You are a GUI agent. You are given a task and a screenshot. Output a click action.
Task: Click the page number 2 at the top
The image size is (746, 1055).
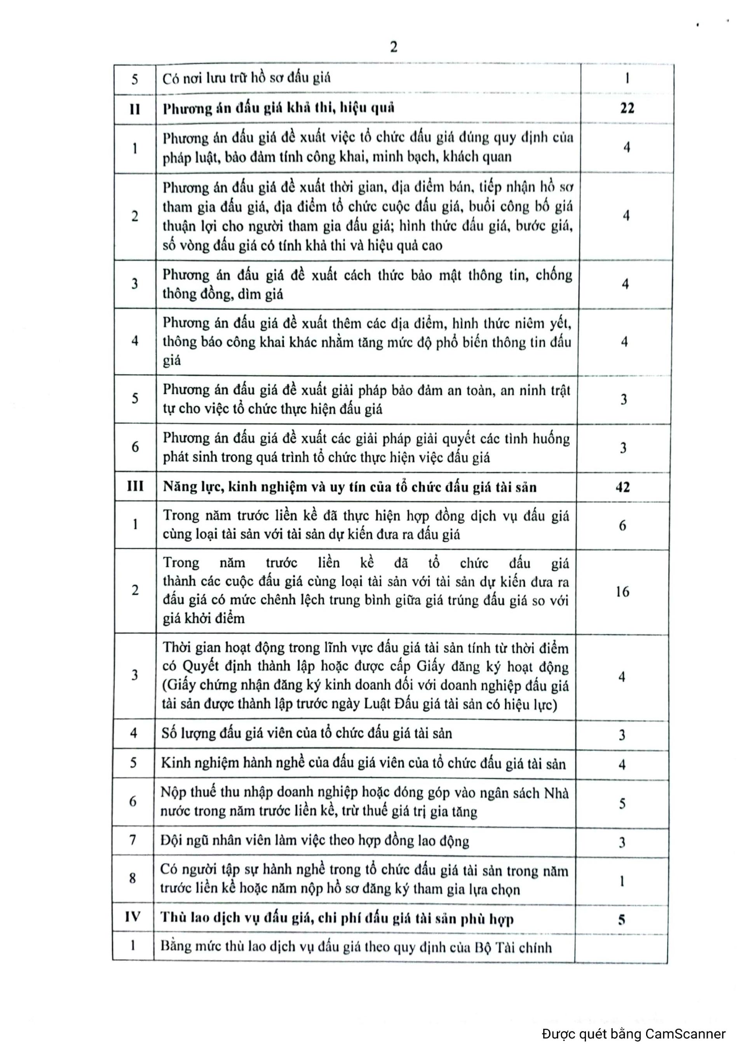(x=393, y=47)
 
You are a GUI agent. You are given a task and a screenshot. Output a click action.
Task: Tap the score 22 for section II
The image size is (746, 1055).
(x=627, y=108)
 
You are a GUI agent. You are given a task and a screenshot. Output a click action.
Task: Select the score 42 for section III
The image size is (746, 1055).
(x=623, y=487)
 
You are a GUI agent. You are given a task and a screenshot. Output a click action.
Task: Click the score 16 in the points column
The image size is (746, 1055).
(x=622, y=592)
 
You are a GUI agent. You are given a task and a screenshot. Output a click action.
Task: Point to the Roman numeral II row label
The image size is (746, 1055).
(x=135, y=109)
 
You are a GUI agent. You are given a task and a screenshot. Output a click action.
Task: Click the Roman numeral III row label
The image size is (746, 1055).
(x=135, y=486)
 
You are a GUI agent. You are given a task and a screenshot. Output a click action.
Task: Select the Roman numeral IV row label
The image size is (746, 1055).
(x=133, y=917)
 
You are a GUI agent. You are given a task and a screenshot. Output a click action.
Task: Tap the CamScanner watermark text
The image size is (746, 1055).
(x=634, y=1034)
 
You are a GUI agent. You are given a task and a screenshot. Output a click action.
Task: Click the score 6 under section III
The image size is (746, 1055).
(x=622, y=525)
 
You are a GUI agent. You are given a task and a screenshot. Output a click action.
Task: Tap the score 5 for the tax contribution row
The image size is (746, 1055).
(x=622, y=804)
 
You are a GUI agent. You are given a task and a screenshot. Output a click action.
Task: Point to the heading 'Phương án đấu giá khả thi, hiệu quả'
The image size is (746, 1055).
(x=279, y=108)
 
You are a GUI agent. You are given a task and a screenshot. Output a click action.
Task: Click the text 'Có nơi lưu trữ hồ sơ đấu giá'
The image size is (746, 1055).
(x=246, y=78)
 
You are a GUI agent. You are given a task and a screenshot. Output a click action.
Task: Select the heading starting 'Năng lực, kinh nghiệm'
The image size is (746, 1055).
(x=350, y=487)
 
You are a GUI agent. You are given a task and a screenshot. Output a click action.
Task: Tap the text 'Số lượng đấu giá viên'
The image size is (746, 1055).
(x=235, y=733)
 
